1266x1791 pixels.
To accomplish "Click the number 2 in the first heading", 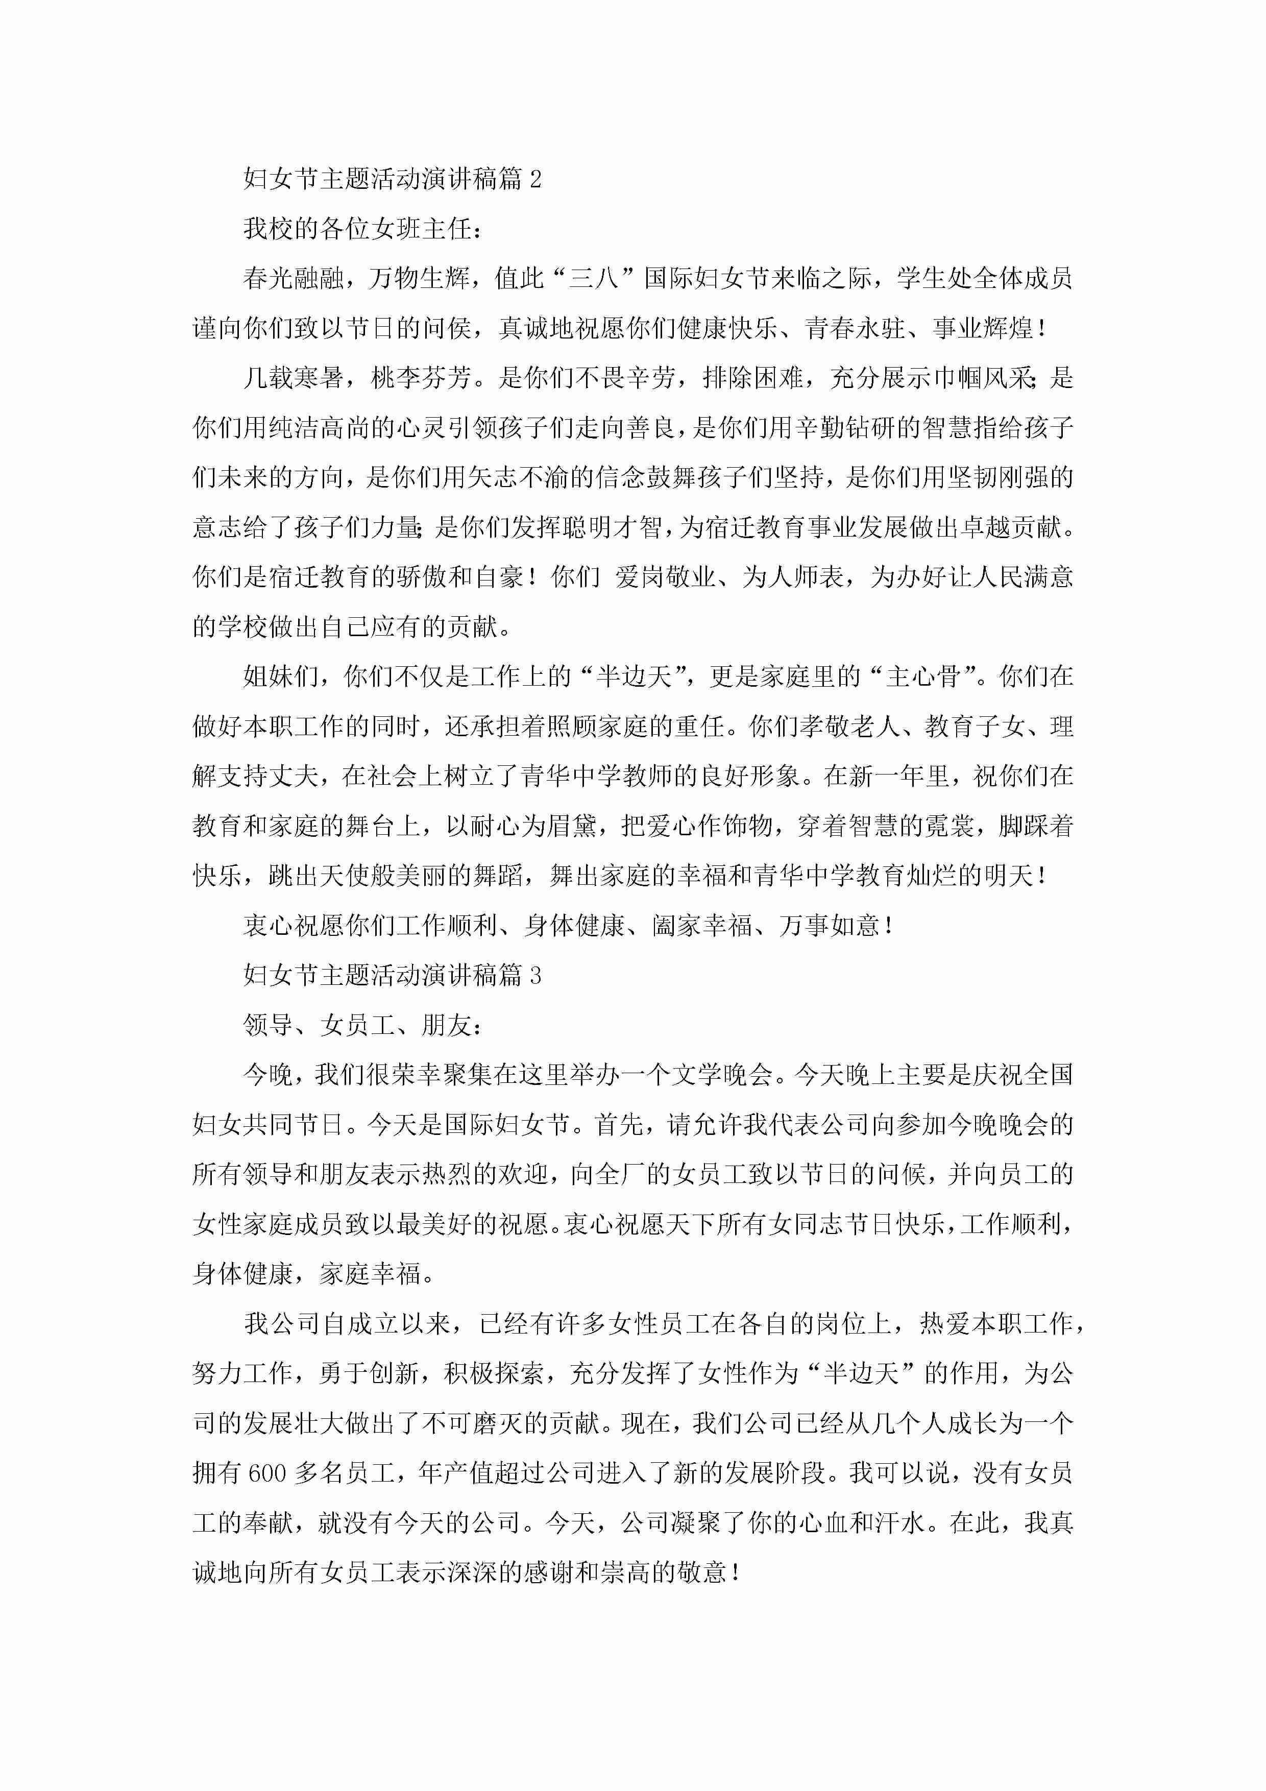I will tap(535, 179).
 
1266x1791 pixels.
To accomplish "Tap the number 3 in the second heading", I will tap(535, 975).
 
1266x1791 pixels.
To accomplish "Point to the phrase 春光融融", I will tap(294, 278).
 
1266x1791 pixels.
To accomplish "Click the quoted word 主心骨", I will tap(923, 676).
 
